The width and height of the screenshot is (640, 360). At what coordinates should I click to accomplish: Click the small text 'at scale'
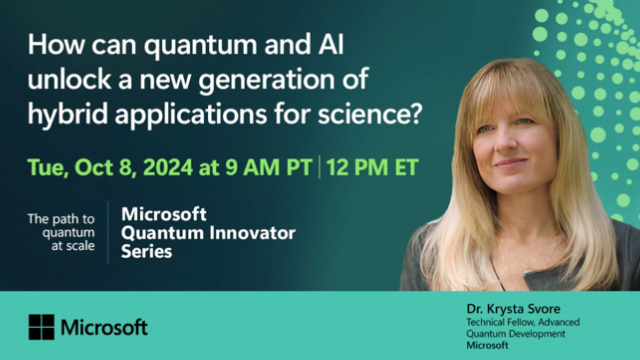click(77, 245)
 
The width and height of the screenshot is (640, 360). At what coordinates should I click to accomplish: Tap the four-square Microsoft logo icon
click(41, 327)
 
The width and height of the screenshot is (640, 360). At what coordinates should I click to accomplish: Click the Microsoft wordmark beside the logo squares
click(104, 327)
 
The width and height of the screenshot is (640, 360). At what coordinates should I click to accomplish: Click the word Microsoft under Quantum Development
click(488, 346)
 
